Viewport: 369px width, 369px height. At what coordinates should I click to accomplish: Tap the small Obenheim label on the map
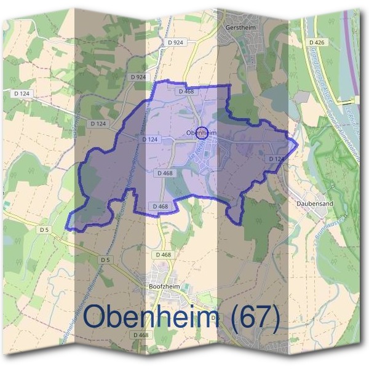pyautogui.click(x=200, y=132)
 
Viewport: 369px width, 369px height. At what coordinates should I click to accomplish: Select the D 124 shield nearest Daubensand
pyautogui.click(x=276, y=159)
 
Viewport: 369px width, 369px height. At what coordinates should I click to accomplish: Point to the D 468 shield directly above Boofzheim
pyautogui.click(x=163, y=255)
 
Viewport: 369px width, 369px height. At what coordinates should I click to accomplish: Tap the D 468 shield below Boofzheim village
pyautogui.click(x=141, y=335)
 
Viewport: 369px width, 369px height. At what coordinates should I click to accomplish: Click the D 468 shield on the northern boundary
pyautogui.click(x=186, y=91)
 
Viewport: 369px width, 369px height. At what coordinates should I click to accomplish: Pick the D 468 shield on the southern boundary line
pyautogui.click(x=159, y=206)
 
